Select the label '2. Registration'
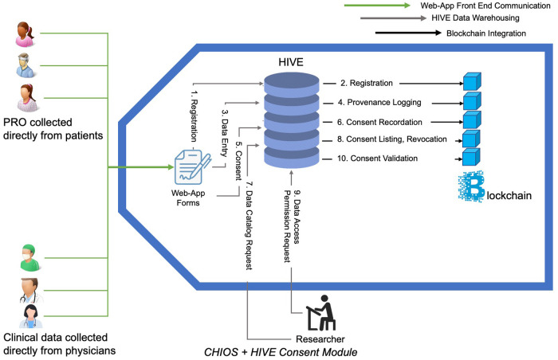(363, 83)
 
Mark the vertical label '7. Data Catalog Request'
(249, 219)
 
